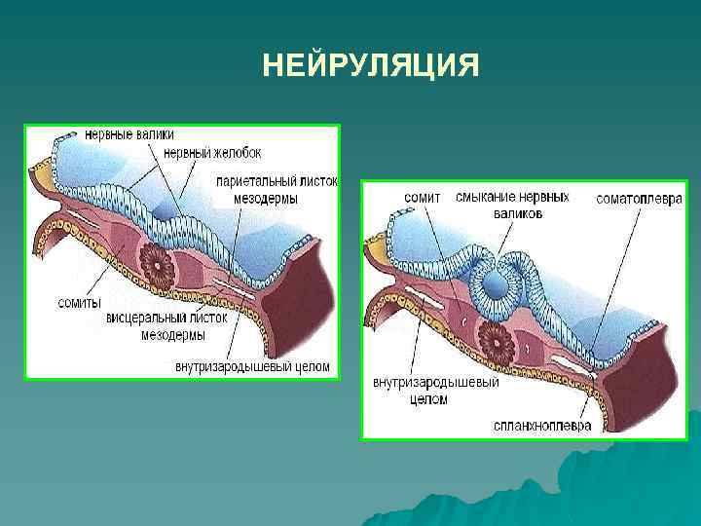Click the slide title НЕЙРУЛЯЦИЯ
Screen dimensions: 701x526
[x=371, y=66]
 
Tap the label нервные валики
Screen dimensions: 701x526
[x=121, y=133]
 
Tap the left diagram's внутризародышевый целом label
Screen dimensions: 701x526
[x=253, y=368]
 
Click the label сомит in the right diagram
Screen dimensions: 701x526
[x=422, y=198]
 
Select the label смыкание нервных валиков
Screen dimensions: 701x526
[x=512, y=205]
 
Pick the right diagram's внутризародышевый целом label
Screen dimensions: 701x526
[x=435, y=390]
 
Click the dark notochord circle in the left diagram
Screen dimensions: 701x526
[x=157, y=261]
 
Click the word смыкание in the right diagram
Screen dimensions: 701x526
[x=483, y=197]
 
